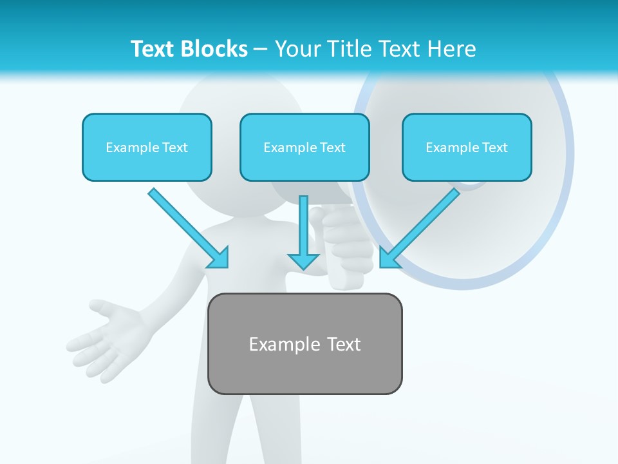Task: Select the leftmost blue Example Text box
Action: [147, 148]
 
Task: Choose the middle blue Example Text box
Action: [304, 148]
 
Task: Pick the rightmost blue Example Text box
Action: [467, 148]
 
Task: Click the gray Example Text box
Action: [304, 344]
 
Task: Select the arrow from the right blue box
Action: [422, 225]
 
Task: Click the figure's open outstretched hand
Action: [103, 338]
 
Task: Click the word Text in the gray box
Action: [344, 344]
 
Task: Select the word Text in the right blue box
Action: [494, 148]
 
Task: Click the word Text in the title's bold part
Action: [154, 49]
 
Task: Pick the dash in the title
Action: [261, 50]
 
